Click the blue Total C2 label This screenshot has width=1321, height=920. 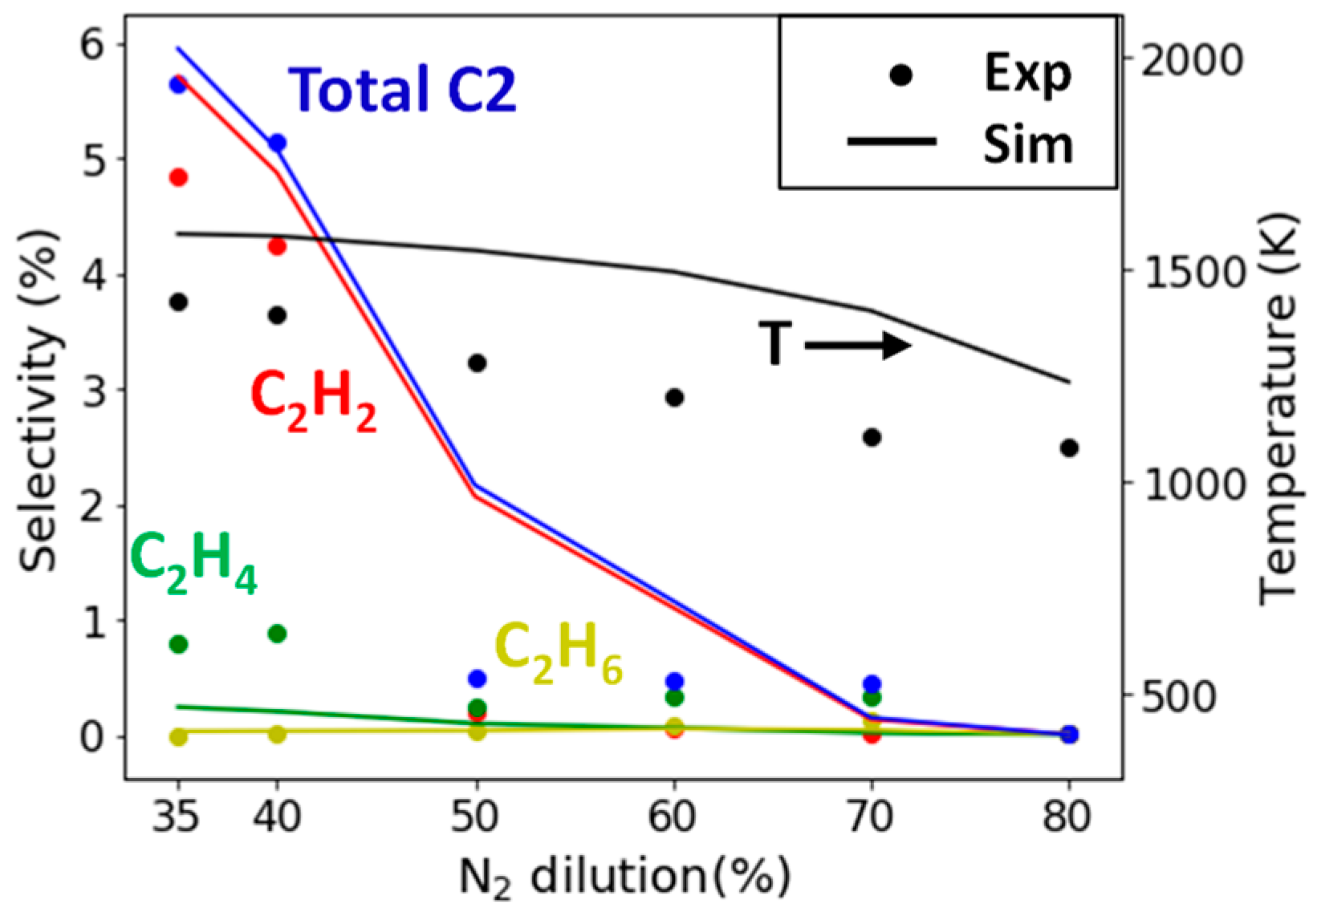point(402,89)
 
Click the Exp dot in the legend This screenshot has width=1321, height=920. point(901,75)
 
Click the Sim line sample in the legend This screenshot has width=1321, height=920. point(892,142)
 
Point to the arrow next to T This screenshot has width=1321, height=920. point(857,346)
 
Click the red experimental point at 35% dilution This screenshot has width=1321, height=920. point(178,177)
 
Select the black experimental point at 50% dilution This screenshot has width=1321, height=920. point(477,363)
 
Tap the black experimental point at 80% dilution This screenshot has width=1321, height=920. point(1069,448)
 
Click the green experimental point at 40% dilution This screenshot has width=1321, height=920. point(277,634)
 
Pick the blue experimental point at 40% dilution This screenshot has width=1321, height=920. point(277,143)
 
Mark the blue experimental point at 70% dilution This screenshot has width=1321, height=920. point(872,684)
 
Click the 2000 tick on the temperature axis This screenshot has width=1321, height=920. point(1192,59)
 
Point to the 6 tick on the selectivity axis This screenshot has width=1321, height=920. point(92,44)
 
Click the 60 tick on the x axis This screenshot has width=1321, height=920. point(673,817)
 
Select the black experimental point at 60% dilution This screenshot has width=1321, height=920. point(674,397)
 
